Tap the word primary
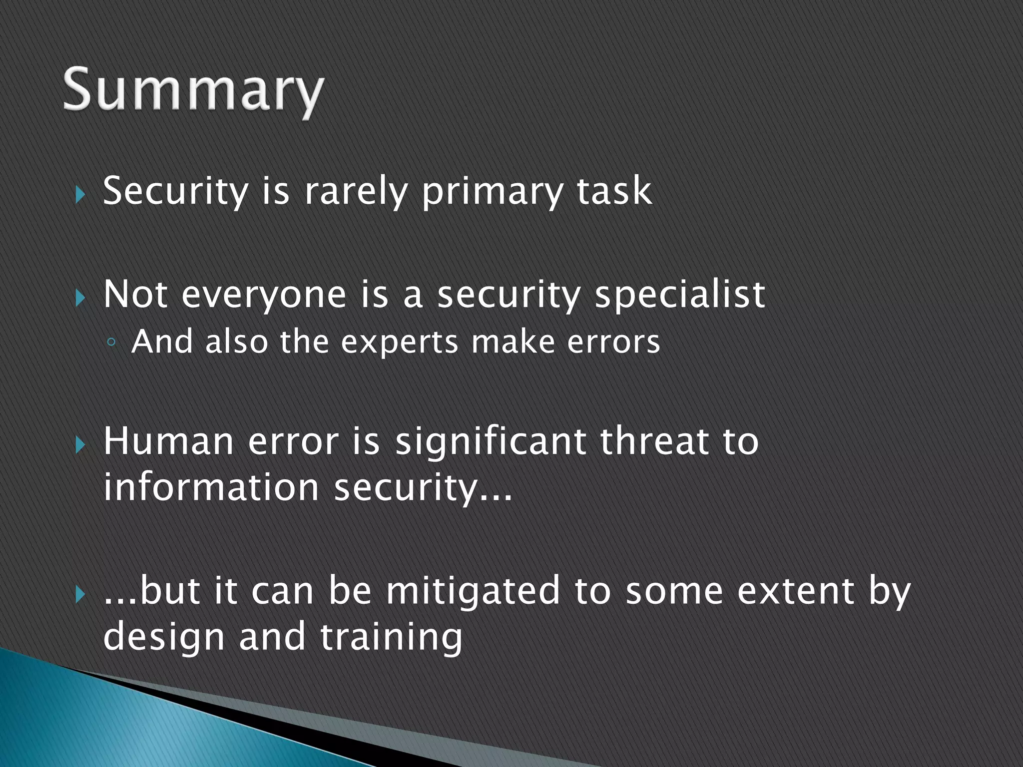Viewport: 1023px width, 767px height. pos(492,192)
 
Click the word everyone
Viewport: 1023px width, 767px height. pos(263,296)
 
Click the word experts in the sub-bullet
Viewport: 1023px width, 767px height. pos(399,343)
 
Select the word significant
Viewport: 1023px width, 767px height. pos(490,442)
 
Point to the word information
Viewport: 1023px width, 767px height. pos(211,487)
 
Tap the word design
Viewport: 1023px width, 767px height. pos(164,638)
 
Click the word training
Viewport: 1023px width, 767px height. pos(391,638)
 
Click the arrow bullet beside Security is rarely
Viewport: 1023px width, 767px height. pos(80,194)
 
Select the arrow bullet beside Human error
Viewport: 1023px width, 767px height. pos(80,444)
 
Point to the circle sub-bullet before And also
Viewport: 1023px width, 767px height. pos(111,343)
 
